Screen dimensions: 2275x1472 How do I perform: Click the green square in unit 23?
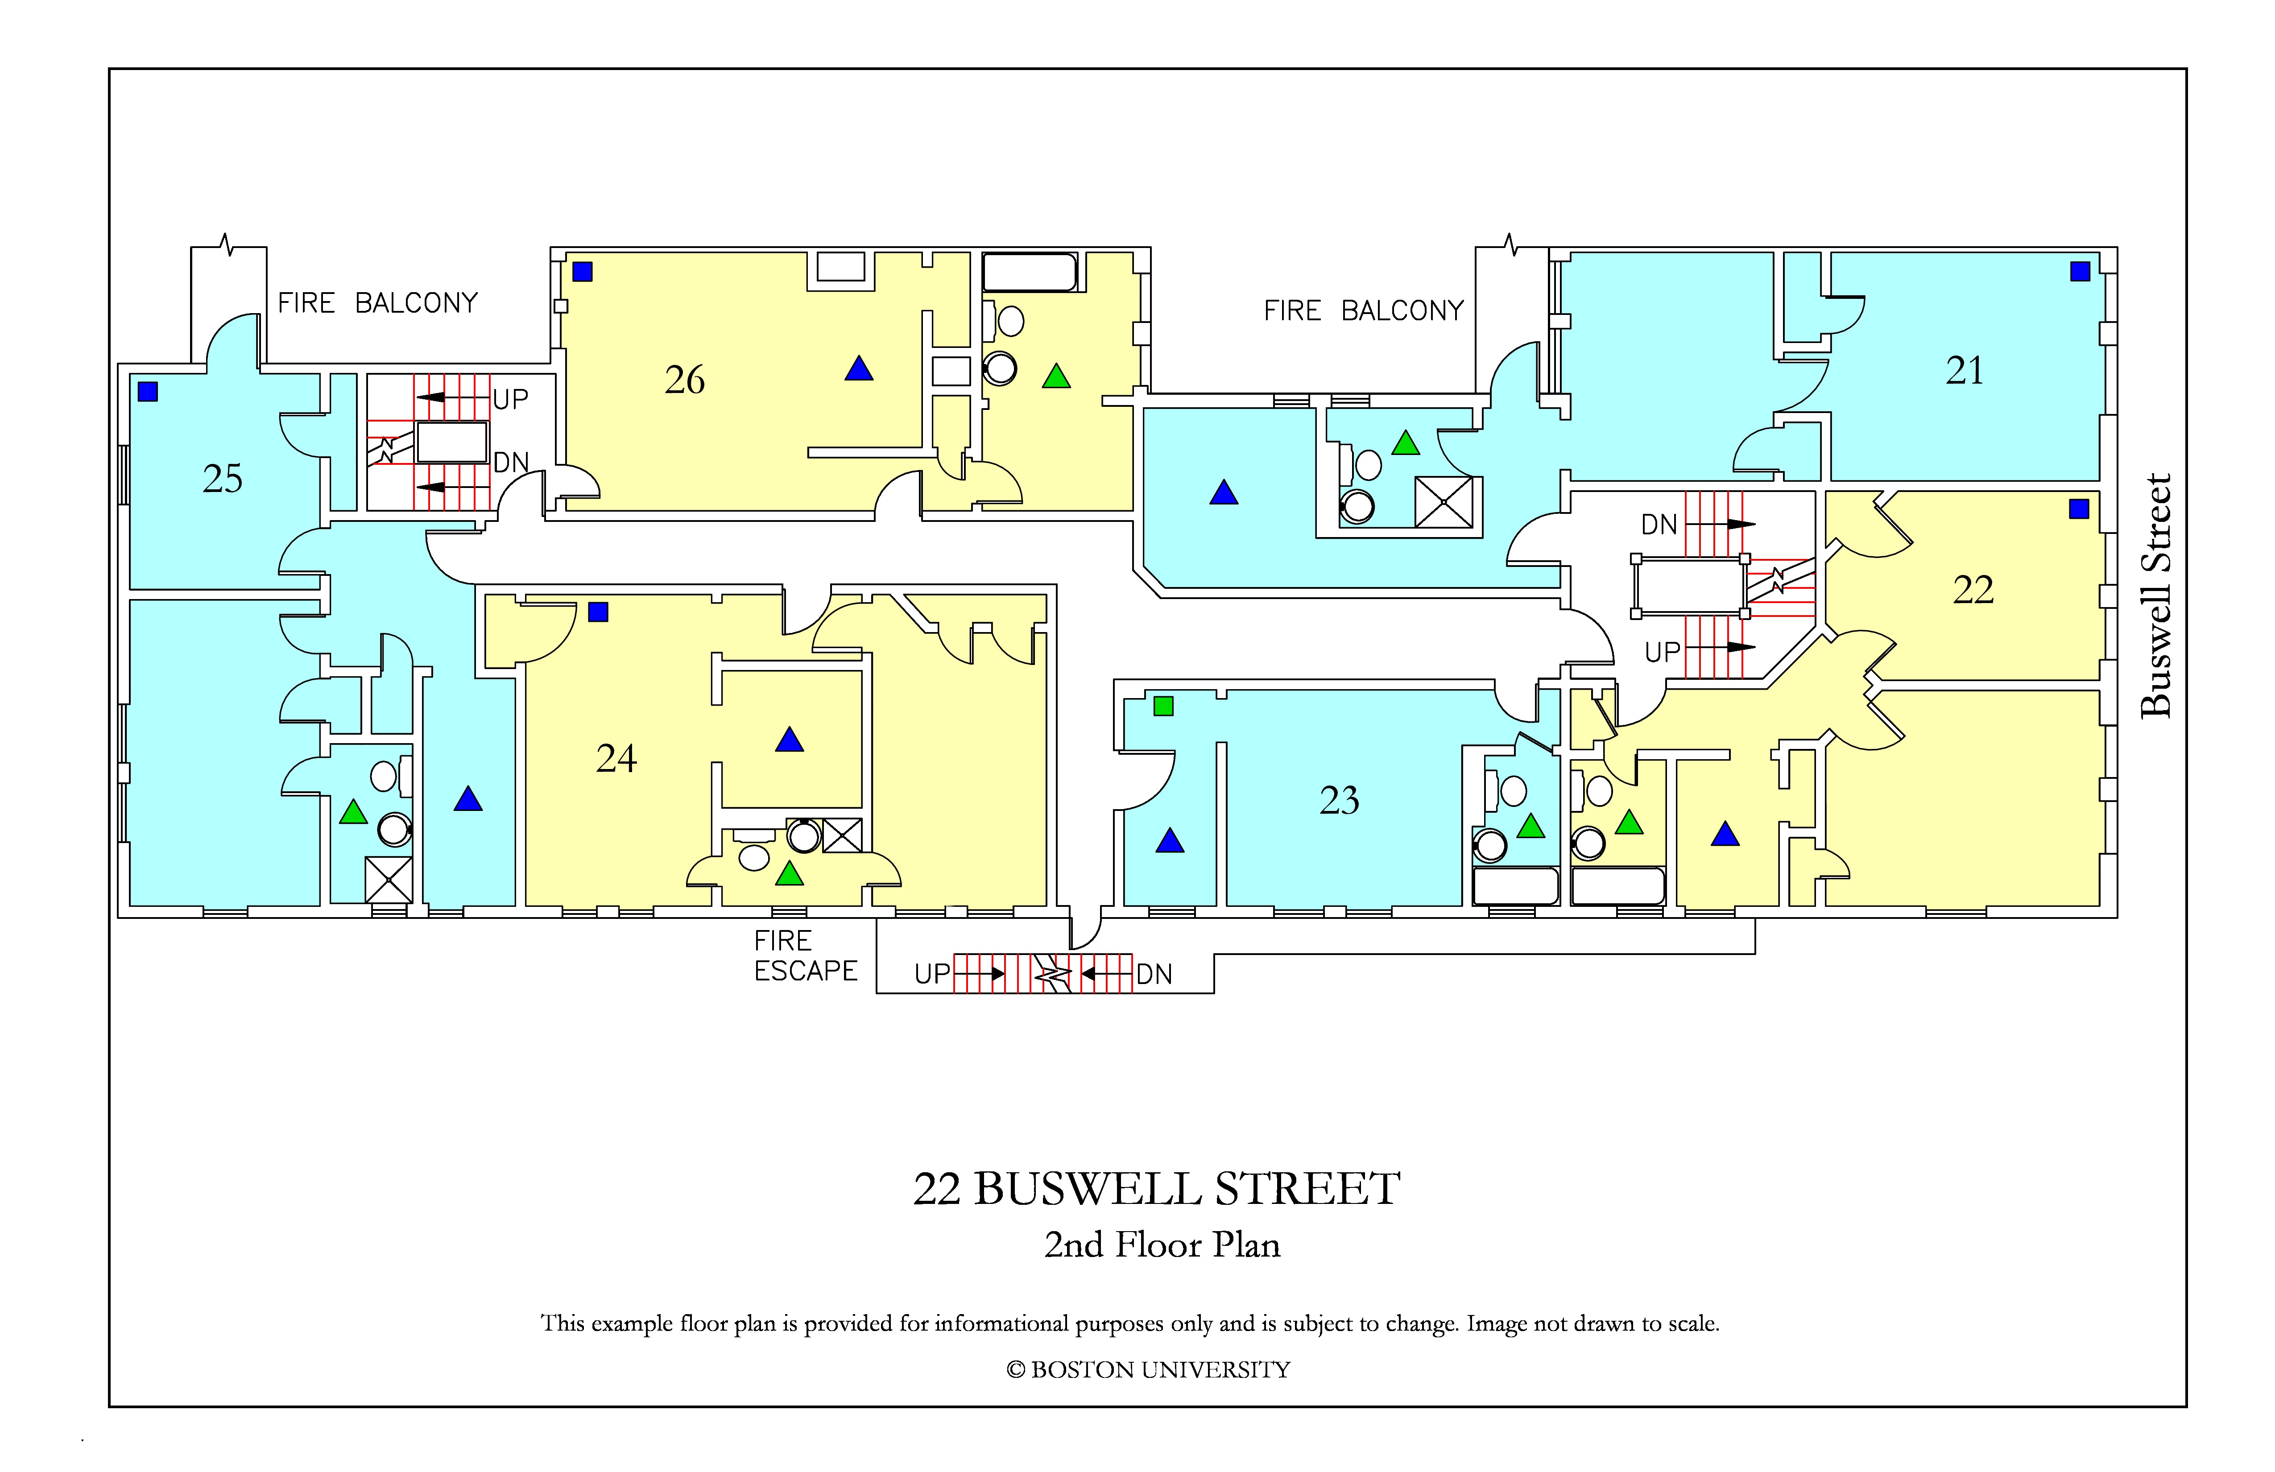[x=1163, y=707]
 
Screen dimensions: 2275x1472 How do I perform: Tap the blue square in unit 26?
[x=582, y=272]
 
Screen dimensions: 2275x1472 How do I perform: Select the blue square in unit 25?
[x=147, y=391]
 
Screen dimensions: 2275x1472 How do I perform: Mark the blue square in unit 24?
[x=598, y=612]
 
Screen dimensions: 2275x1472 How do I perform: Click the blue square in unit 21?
[x=2080, y=272]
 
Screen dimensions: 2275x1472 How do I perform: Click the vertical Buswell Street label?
[x=2155, y=595]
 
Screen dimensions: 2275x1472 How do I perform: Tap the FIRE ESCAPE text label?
[x=805, y=956]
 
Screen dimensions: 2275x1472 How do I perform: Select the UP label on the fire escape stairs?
[x=932, y=974]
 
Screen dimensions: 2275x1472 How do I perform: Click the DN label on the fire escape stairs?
[x=1154, y=974]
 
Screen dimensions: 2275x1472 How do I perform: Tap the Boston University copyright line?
[x=1148, y=1370]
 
